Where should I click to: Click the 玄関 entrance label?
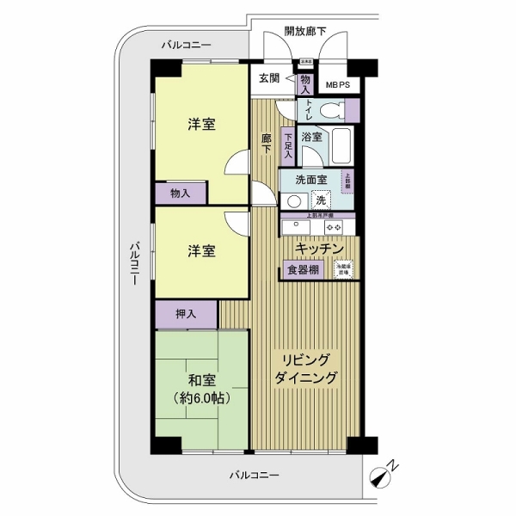tap(267, 78)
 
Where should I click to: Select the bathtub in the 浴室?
tap(341, 145)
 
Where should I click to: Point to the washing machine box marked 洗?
tap(320, 200)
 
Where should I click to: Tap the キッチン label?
tap(320, 249)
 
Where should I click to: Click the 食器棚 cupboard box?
tap(303, 270)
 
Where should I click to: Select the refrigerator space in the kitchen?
tap(344, 269)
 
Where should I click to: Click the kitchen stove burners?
tap(333, 227)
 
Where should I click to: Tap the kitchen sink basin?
tap(295, 227)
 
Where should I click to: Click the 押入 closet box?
tap(186, 314)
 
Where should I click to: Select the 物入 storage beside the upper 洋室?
tap(181, 193)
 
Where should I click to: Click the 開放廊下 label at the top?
tap(305, 32)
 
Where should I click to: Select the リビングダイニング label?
tap(306, 368)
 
